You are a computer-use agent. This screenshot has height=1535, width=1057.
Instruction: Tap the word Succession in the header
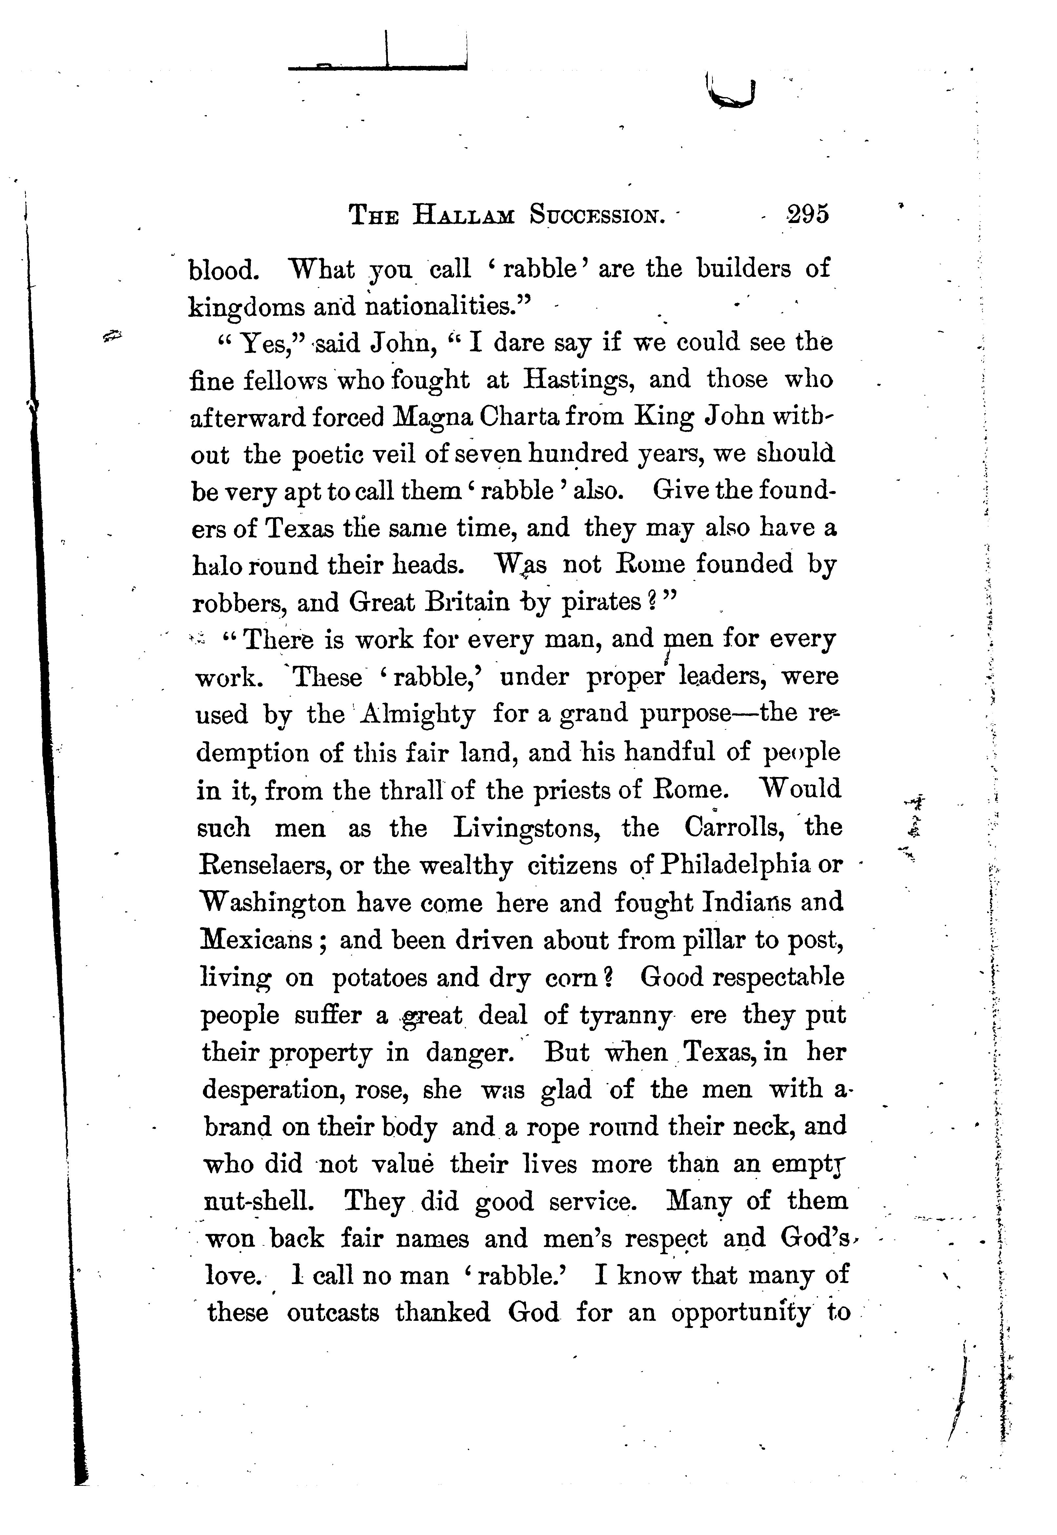[597, 215]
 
